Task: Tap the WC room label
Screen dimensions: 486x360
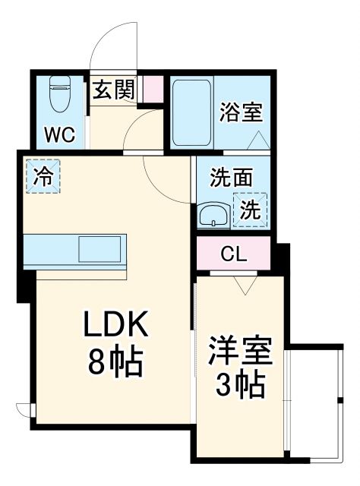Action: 58,135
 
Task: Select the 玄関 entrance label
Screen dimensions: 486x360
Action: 114,90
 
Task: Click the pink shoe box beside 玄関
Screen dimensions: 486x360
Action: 153,90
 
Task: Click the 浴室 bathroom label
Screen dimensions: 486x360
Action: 242,112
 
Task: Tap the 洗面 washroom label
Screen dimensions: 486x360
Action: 232,179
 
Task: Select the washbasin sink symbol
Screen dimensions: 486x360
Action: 215,215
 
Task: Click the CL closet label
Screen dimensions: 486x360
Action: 233,253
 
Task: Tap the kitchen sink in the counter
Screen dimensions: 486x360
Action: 99,248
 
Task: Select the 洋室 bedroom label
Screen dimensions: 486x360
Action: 241,351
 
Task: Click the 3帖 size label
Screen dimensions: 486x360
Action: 241,386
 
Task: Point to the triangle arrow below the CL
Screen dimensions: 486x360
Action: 245,285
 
